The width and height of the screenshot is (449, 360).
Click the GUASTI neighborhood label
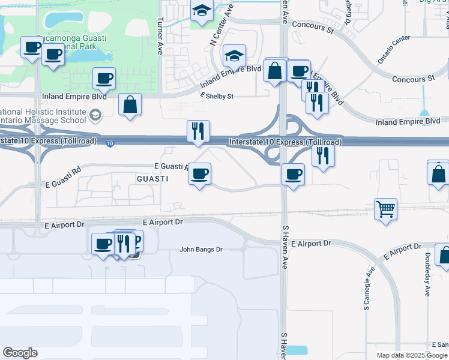tap(151, 179)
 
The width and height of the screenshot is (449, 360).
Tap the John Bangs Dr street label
tap(201, 250)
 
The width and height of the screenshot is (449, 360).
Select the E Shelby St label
tap(217, 96)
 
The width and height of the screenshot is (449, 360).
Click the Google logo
tap(20, 353)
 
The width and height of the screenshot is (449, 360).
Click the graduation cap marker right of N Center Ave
tap(234, 57)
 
